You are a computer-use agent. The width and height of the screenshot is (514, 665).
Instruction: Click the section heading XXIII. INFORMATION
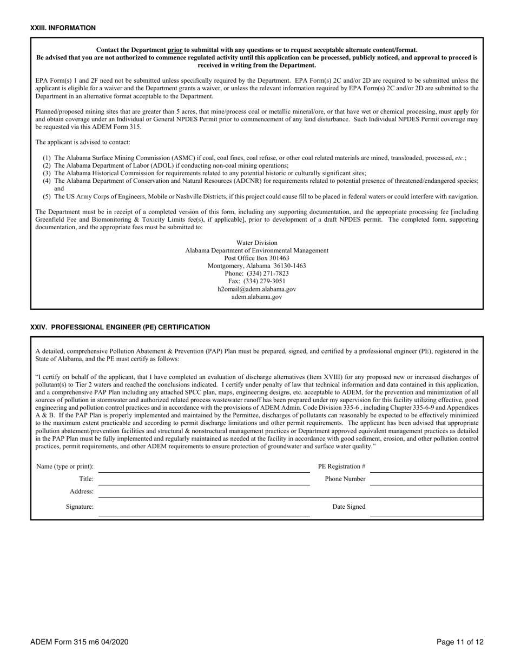tap(63, 28)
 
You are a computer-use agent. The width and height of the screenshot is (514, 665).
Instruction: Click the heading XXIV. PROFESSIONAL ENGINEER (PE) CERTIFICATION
tap(120, 327)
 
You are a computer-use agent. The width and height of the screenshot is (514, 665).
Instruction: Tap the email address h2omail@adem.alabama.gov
tap(256, 289)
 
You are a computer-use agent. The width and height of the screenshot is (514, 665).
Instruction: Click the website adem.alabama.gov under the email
tap(256, 297)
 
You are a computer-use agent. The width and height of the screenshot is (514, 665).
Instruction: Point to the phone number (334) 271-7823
tap(256, 274)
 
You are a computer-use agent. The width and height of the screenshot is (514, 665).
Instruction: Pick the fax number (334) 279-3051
tap(256, 281)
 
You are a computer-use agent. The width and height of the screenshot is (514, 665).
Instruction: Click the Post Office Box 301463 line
tap(256, 258)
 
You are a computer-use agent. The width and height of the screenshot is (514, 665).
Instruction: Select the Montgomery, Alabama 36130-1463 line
tap(256, 266)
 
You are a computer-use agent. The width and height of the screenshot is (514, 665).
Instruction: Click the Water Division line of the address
tap(256, 243)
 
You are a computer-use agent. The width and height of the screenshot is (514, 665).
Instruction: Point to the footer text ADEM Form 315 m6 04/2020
tap(80, 642)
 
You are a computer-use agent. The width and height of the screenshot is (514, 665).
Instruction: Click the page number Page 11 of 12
tap(460, 642)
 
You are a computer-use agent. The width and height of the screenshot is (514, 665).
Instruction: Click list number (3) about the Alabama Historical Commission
tap(47, 173)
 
